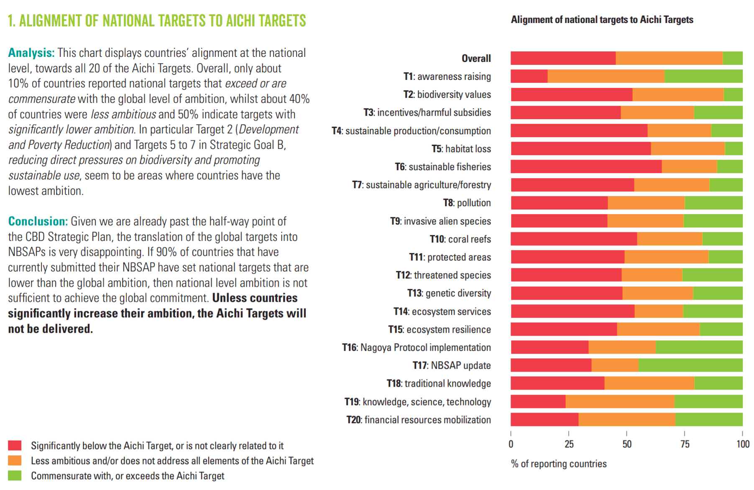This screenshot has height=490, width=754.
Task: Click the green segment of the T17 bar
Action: click(690, 365)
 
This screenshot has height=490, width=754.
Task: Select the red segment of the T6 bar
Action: click(586, 166)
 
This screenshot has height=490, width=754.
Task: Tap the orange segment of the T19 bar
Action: click(620, 401)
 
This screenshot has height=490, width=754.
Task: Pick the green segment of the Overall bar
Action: click(732, 58)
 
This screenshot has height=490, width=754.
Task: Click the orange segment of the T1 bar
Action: click(606, 76)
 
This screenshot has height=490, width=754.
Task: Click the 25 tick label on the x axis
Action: click(569, 444)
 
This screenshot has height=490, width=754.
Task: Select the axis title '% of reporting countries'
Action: click(559, 464)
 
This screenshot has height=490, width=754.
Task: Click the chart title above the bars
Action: click(602, 20)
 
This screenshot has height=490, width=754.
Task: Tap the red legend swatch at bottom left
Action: click(15, 445)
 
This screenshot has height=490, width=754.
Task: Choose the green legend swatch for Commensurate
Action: click(15, 475)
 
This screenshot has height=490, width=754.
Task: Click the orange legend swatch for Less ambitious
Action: click(15, 460)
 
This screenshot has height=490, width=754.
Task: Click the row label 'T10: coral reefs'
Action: click(460, 239)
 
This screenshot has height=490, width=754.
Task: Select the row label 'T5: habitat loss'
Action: click(461, 149)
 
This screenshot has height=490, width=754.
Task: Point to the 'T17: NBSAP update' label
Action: click(452, 365)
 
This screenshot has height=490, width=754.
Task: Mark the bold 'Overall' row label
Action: click(476, 59)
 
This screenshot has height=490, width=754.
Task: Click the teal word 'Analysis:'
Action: click(31, 53)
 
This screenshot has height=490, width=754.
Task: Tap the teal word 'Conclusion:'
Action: click(38, 221)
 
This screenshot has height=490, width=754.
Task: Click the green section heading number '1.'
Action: click(12, 21)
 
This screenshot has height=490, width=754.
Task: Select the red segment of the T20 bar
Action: click(544, 419)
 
